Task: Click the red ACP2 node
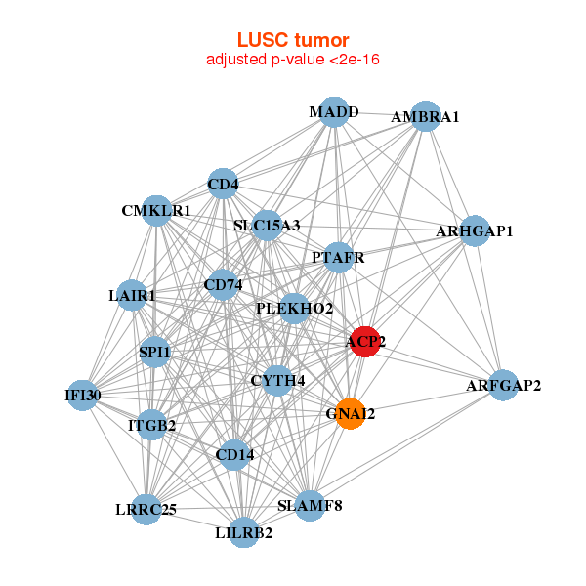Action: click(364, 342)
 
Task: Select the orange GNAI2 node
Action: click(350, 414)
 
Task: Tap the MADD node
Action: click(334, 112)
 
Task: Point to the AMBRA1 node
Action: click(425, 116)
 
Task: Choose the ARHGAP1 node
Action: click(475, 231)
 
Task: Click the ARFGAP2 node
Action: click(503, 386)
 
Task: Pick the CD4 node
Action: click(223, 183)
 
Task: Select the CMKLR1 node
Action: click(156, 210)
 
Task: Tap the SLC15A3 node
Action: click(266, 226)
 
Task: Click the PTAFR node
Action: click(338, 258)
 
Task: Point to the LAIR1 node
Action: click(132, 295)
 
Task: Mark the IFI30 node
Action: click(82, 396)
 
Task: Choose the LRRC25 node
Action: click(146, 509)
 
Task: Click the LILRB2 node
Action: click(244, 532)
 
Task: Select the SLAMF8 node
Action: click(310, 505)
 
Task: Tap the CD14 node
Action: click(234, 454)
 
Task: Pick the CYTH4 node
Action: click(277, 380)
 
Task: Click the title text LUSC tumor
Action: click(293, 40)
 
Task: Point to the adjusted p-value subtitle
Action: click(293, 60)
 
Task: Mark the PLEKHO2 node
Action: click(294, 309)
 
